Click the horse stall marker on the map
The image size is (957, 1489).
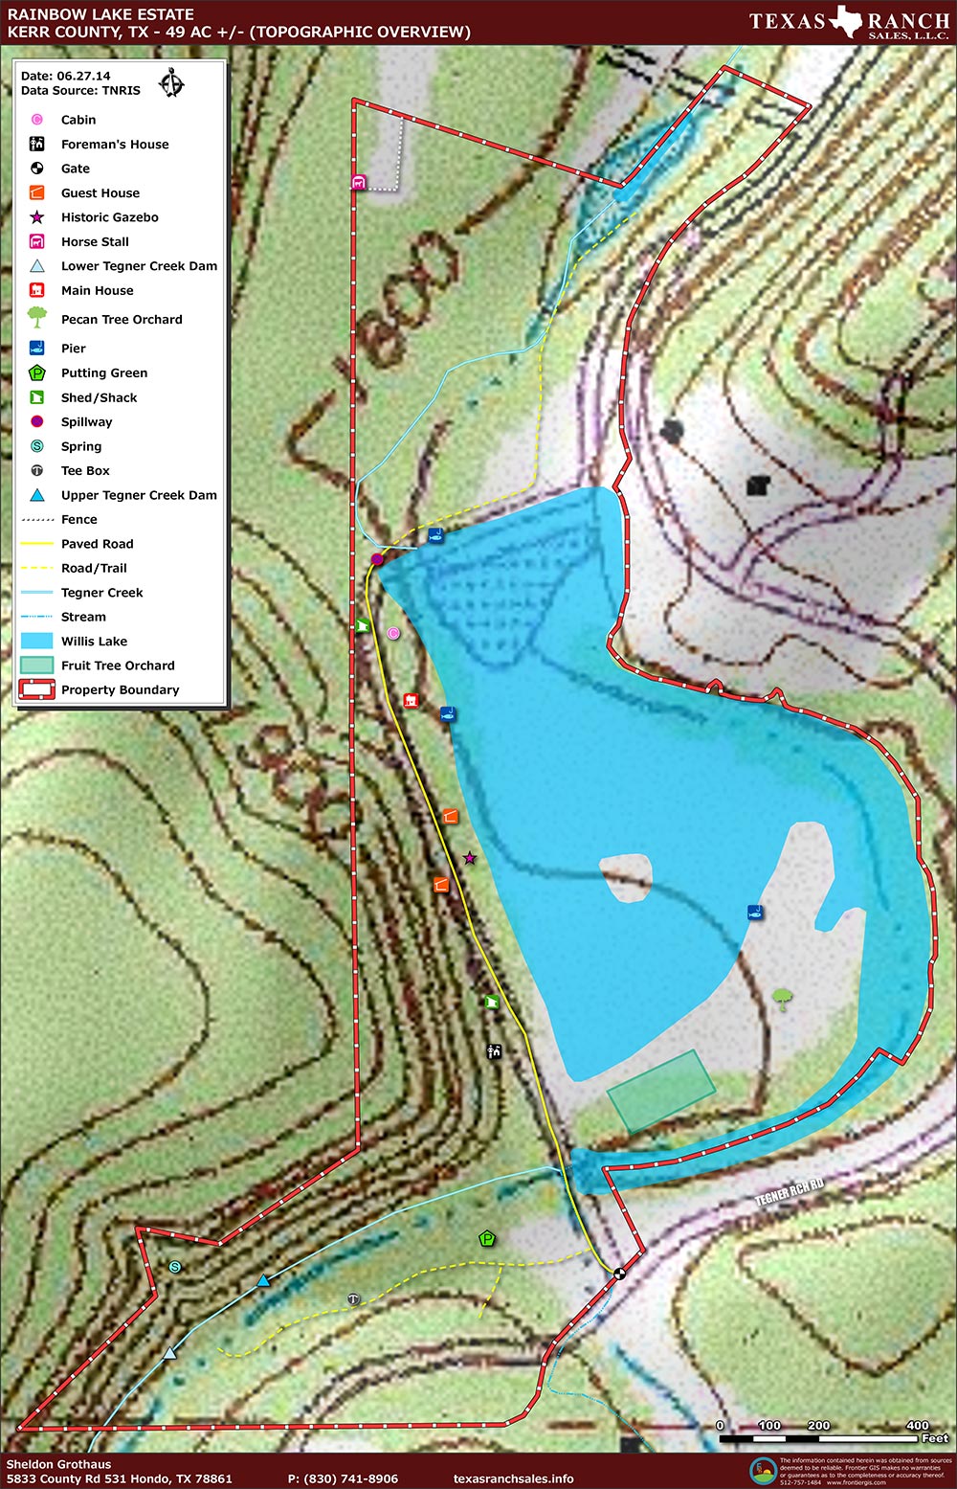coord(359,182)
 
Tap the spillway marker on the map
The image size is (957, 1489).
coord(377,559)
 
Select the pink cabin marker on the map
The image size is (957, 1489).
coord(393,634)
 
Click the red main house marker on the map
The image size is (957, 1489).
coord(411,701)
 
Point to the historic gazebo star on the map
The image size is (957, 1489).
coord(469,858)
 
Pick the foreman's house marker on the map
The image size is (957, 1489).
coord(494,1051)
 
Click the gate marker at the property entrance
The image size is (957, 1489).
coord(619,1274)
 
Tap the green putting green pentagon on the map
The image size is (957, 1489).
coord(487,1239)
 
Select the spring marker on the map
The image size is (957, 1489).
coord(174,1267)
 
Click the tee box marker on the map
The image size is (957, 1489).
coord(353,1299)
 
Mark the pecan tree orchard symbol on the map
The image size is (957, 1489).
coord(783,1000)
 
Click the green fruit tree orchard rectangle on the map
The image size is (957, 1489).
coord(661,1091)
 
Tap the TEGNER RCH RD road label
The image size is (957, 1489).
coord(789,1192)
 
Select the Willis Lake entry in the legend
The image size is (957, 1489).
coord(94,642)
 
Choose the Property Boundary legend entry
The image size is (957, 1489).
coord(120,689)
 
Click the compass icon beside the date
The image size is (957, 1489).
coord(171,83)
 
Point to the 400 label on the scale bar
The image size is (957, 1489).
coord(917,1425)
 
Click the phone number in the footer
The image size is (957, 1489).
coord(343,1478)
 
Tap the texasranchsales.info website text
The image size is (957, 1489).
coord(514,1478)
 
